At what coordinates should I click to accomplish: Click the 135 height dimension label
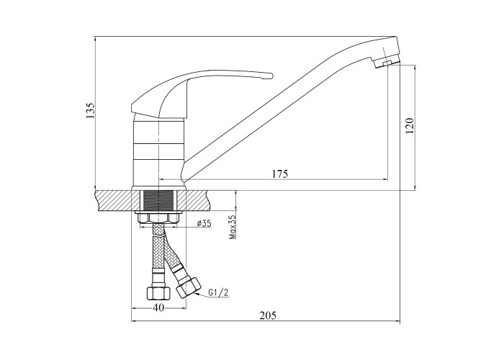pyautogui.click(x=90, y=111)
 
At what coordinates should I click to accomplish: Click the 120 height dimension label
pyautogui.click(x=410, y=126)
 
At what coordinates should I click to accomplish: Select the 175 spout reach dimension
pyautogui.click(x=280, y=174)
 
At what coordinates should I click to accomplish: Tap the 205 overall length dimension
pyautogui.click(x=267, y=315)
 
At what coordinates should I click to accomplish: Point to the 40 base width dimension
pyautogui.click(x=158, y=307)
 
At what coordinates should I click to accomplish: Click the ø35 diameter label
pyautogui.click(x=204, y=224)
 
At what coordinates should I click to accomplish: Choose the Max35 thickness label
pyautogui.click(x=233, y=228)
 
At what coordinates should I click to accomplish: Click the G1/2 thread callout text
pyautogui.click(x=218, y=292)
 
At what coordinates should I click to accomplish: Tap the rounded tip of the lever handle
pyautogui.click(x=271, y=76)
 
